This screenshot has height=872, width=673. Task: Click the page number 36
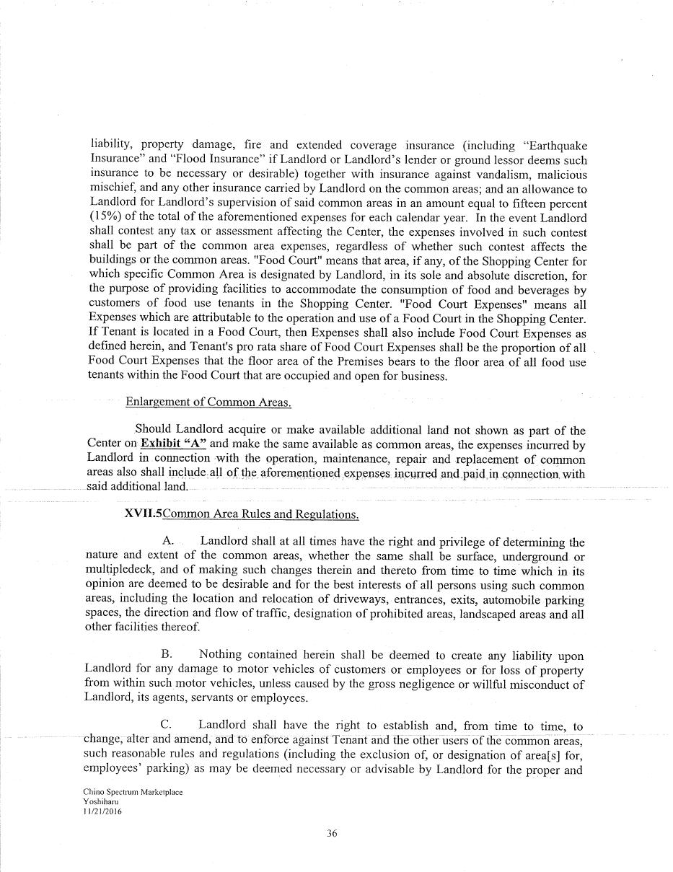[x=332, y=834]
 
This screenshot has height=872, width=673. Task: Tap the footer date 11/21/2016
[x=103, y=811]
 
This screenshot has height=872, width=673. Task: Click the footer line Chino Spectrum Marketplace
[x=133, y=792]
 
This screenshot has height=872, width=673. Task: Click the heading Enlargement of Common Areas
[x=208, y=402]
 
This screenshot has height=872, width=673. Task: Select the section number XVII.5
[x=144, y=514]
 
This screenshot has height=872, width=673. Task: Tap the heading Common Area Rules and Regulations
[x=260, y=514]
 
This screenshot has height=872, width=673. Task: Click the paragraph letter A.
[x=168, y=541]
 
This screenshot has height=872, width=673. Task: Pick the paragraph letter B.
[x=167, y=654]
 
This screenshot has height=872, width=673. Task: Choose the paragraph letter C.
[x=167, y=725]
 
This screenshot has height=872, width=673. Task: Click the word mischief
[x=108, y=189]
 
